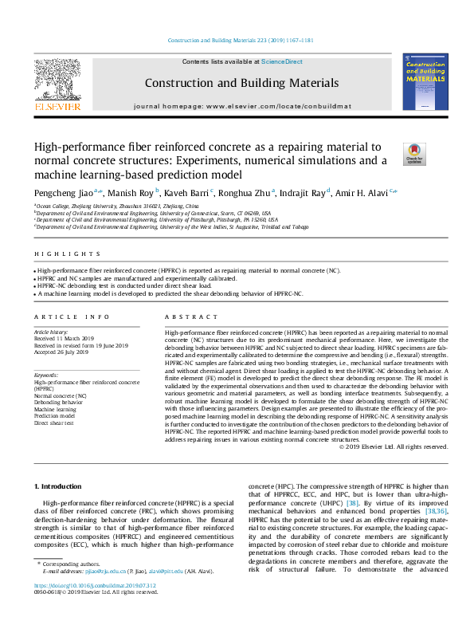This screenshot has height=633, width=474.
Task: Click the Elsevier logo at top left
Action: pyautogui.click(x=57, y=84)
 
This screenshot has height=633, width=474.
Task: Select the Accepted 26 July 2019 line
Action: pyautogui.click(x=60, y=352)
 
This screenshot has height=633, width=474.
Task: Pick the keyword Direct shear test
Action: pyautogui.click(x=54, y=423)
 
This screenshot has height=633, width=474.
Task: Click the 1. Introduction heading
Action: pyautogui.click(x=61, y=486)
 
